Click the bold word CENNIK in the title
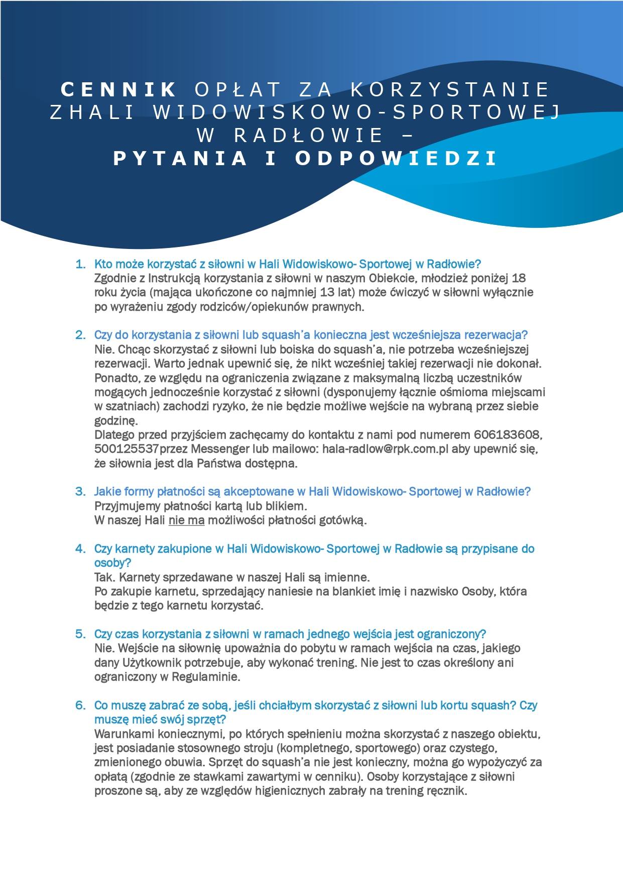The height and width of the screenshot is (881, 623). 118,89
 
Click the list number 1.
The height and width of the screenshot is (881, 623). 80,264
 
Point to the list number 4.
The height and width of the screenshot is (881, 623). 80,548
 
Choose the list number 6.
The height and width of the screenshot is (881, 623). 80,705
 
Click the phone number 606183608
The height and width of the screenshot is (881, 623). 507,434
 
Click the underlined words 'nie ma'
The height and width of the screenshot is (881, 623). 187,520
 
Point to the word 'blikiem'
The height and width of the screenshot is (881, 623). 285,506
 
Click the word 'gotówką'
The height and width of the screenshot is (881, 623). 345,520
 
